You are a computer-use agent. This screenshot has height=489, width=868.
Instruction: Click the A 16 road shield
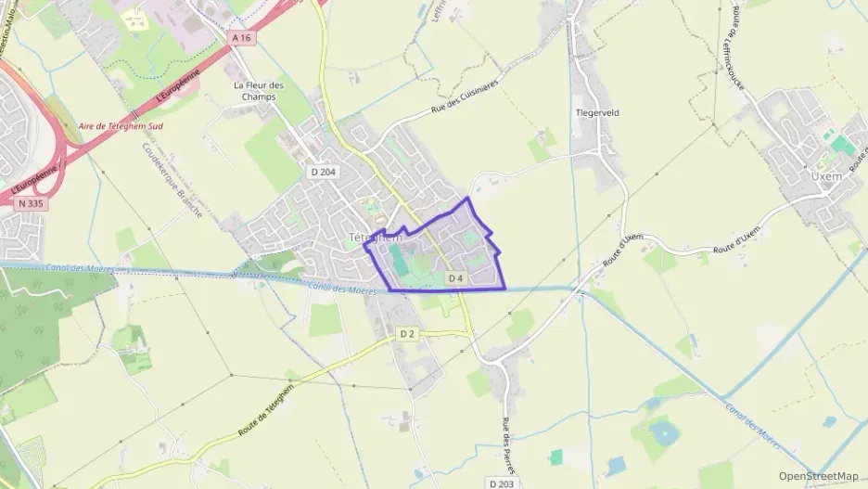(x=242, y=37)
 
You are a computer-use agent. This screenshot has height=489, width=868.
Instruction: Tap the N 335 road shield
(x=30, y=203)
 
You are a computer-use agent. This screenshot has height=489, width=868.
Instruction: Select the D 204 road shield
(x=323, y=172)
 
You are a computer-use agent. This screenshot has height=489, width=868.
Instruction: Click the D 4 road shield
(x=455, y=278)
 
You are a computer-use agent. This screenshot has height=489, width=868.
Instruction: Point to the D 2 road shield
(x=407, y=333)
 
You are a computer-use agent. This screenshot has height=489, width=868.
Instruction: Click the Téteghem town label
(x=375, y=238)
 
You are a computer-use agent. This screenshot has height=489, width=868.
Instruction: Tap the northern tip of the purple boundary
(x=468, y=198)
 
